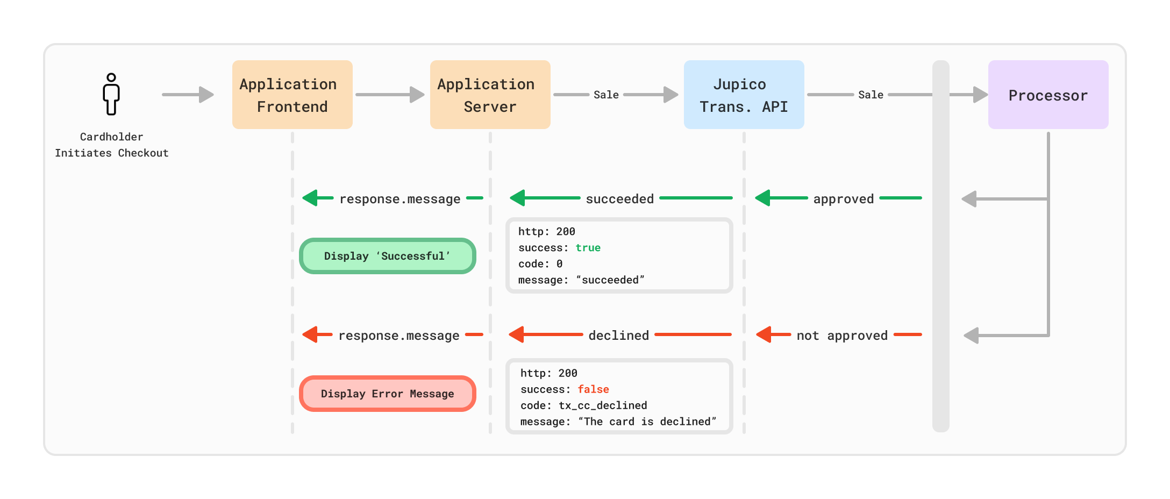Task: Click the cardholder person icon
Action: pyautogui.click(x=111, y=95)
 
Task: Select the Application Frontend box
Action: pyautogui.click(x=292, y=95)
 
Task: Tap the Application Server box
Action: pyautogui.click(x=490, y=95)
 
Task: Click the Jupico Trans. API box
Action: pyautogui.click(x=744, y=95)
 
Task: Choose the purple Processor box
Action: pyautogui.click(x=1048, y=95)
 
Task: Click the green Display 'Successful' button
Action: pyautogui.click(x=388, y=256)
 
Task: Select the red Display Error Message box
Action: pyautogui.click(x=388, y=394)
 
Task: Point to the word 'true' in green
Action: pyautogui.click(x=588, y=248)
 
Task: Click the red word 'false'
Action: pyautogui.click(x=594, y=389)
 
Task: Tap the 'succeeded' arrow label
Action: pyautogui.click(x=620, y=199)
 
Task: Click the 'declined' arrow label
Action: pyautogui.click(x=619, y=336)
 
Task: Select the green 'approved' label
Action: pyautogui.click(x=844, y=199)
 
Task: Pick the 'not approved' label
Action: pyautogui.click(x=842, y=336)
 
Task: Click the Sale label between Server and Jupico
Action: pyautogui.click(x=606, y=95)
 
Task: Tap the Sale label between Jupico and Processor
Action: pyautogui.click(x=871, y=95)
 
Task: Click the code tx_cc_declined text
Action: pyautogui.click(x=584, y=405)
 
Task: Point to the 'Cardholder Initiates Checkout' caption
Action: pyautogui.click(x=112, y=145)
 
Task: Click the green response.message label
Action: pyautogui.click(x=400, y=199)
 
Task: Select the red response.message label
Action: pyautogui.click(x=399, y=336)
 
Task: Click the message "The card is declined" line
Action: pyautogui.click(x=618, y=422)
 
